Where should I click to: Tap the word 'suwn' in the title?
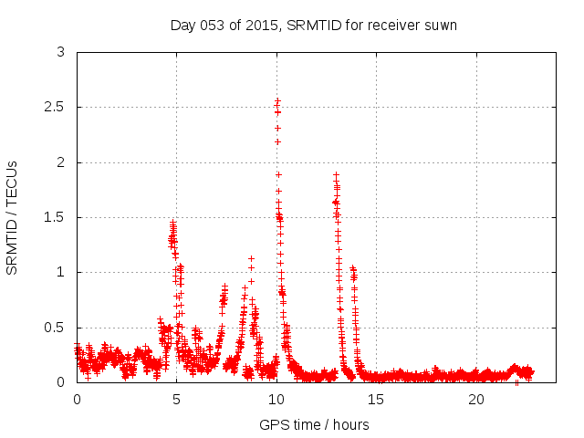click(x=439, y=25)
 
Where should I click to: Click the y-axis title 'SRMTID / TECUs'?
click(x=12, y=217)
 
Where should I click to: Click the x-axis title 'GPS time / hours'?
click(x=314, y=425)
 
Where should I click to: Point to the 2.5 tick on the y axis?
click(x=58, y=108)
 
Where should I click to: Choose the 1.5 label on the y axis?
click(x=58, y=217)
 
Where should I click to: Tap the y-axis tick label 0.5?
click(x=58, y=328)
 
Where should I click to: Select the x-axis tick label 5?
click(x=177, y=400)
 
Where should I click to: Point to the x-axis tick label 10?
click(x=276, y=400)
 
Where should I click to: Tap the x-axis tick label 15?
click(x=377, y=400)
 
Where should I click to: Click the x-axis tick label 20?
click(x=476, y=400)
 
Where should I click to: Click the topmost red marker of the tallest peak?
click(x=277, y=100)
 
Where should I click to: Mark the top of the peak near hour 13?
click(x=336, y=174)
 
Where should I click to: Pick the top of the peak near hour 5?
click(x=172, y=223)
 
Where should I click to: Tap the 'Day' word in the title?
click(x=182, y=25)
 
